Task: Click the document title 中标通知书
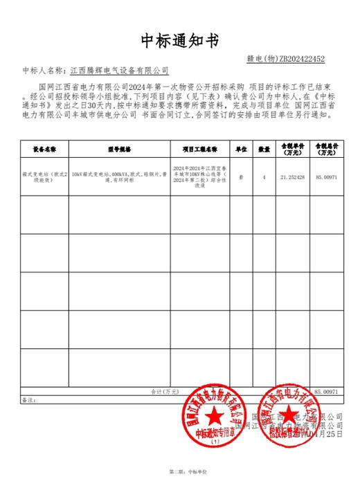[x=179, y=39]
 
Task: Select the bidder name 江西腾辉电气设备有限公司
[x=120, y=71]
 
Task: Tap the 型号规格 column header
[x=119, y=149]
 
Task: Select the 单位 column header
[x=242, y=149]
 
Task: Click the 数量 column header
[x=264, y=149]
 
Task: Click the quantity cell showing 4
[x=264, y=177]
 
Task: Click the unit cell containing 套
[x=242, y=177]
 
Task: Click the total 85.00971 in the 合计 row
[x=326, y=392]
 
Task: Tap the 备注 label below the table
[x=28, y=399]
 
